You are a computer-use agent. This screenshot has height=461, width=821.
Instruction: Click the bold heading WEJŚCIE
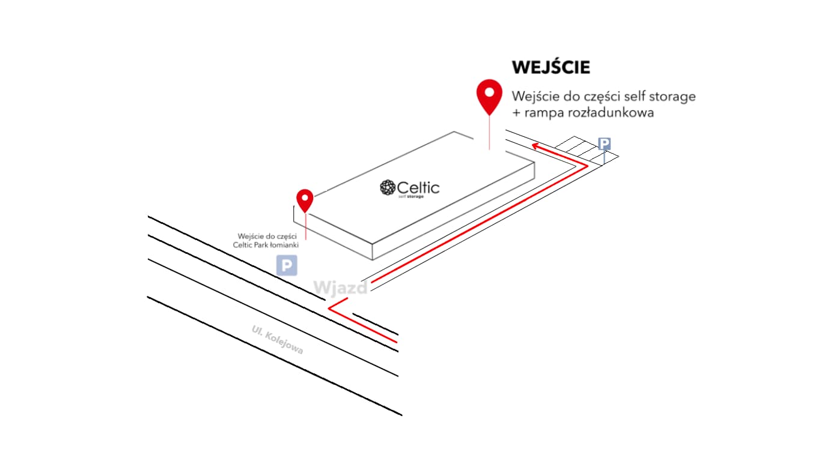[551, 67]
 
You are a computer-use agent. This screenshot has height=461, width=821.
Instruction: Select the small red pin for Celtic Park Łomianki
[305, 199]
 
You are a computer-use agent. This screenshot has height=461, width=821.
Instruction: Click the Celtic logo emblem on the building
[388, 188]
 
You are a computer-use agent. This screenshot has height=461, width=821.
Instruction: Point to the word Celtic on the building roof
[418, 187]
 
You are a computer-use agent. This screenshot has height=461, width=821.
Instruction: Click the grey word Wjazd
[341, 288]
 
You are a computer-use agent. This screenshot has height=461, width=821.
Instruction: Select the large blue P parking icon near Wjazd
[287, 265]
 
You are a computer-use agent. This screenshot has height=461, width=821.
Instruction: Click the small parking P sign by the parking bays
[605, 143]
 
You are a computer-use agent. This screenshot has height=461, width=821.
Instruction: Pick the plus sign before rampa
[516, 113]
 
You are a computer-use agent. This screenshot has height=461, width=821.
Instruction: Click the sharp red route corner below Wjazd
[330, 309]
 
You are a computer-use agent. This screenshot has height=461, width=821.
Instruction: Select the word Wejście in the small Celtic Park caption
[250, 236]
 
